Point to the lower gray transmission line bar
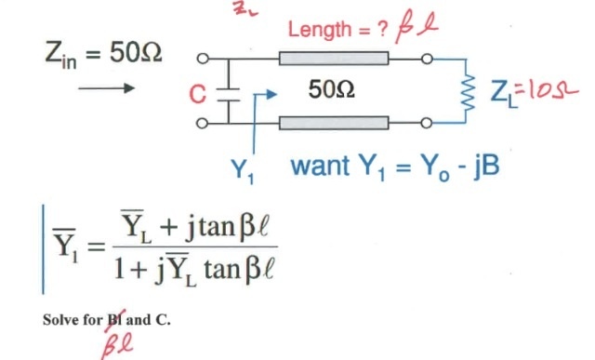pos(333,123)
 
